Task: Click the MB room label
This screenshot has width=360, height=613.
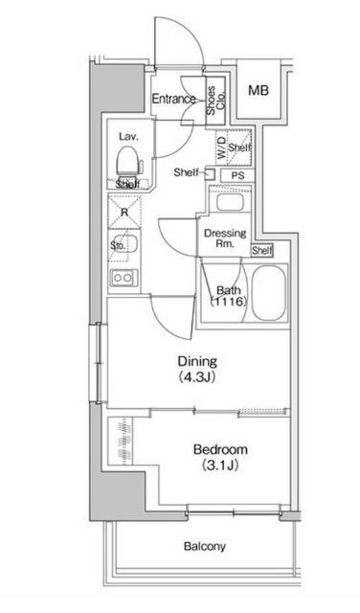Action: (x=259, y=91)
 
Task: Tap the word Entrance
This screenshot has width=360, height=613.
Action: (x=173, y=99)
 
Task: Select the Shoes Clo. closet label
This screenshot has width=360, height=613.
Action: (x=215, y=101)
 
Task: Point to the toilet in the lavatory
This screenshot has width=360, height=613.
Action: (x=127, y=162)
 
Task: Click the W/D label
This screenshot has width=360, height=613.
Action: (x=221, y=148)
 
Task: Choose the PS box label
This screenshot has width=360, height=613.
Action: (x=237, y=175)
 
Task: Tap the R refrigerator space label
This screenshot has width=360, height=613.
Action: (x=124, y=213)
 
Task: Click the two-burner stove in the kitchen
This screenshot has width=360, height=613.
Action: (x=124, y=278)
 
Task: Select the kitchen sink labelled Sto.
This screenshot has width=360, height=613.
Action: (x=124, y=245)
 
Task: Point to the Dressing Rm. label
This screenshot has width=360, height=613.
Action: (x=225, y=238)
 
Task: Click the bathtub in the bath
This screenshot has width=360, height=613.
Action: (x=268, y=293)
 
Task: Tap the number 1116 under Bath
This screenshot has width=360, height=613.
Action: (x=229, y=302)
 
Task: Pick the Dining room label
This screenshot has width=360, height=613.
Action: (x=197, y=361)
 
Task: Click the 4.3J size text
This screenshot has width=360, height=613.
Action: (x=197, y=377)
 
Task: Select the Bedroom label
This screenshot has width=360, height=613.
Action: (x=220, y=449)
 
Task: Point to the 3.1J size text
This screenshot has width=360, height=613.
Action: (x=220, y=465)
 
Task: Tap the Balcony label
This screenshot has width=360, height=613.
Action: (x=205, y=546)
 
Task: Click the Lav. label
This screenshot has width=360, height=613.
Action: (x=129, y=136)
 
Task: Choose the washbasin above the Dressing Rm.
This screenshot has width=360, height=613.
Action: (x=230, y=202)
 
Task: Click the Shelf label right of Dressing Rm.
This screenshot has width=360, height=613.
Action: (x=262, y=251)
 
